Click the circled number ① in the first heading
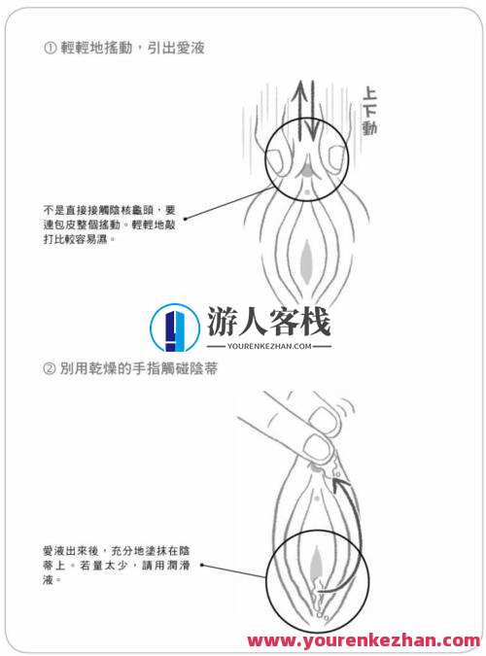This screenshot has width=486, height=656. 50,47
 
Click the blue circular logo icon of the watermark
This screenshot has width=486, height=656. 175,328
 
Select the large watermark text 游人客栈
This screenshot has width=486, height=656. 268,320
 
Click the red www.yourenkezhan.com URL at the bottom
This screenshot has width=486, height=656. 363,640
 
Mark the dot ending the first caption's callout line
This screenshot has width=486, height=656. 185,218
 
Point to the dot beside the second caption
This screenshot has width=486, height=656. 201,564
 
